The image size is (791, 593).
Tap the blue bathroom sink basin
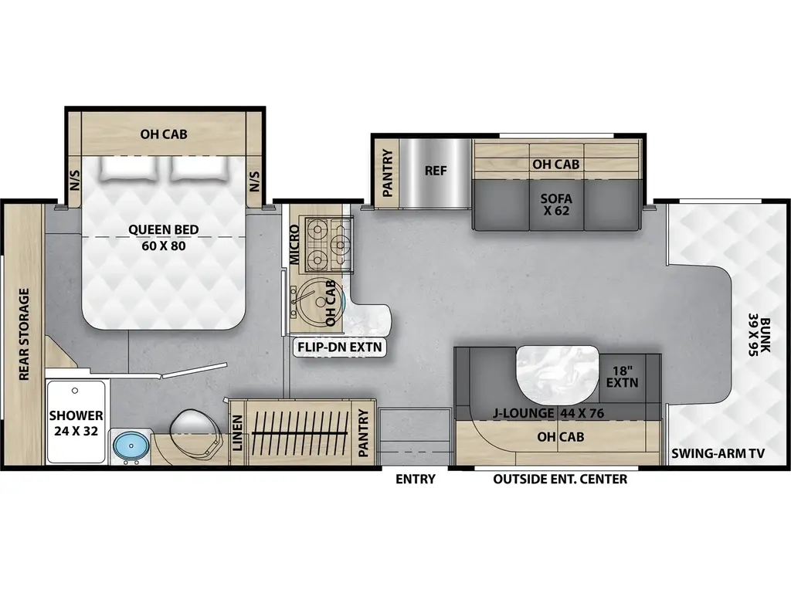point(127,446)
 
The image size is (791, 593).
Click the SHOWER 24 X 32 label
point(76,423)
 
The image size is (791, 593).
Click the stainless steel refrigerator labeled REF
point(435,171)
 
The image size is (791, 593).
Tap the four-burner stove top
point(327,240)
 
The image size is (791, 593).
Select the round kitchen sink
point(314,303)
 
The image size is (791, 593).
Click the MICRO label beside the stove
point(294,245)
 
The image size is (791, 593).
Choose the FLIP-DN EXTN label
point(340,347)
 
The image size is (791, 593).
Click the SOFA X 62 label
point(555,204)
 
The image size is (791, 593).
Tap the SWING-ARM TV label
point(718,453)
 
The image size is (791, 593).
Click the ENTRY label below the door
point(415,479)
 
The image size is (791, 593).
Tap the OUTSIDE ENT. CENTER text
point(560,479)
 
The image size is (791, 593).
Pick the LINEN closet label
point(237,433)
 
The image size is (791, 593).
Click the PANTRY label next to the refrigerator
point(388,171)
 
